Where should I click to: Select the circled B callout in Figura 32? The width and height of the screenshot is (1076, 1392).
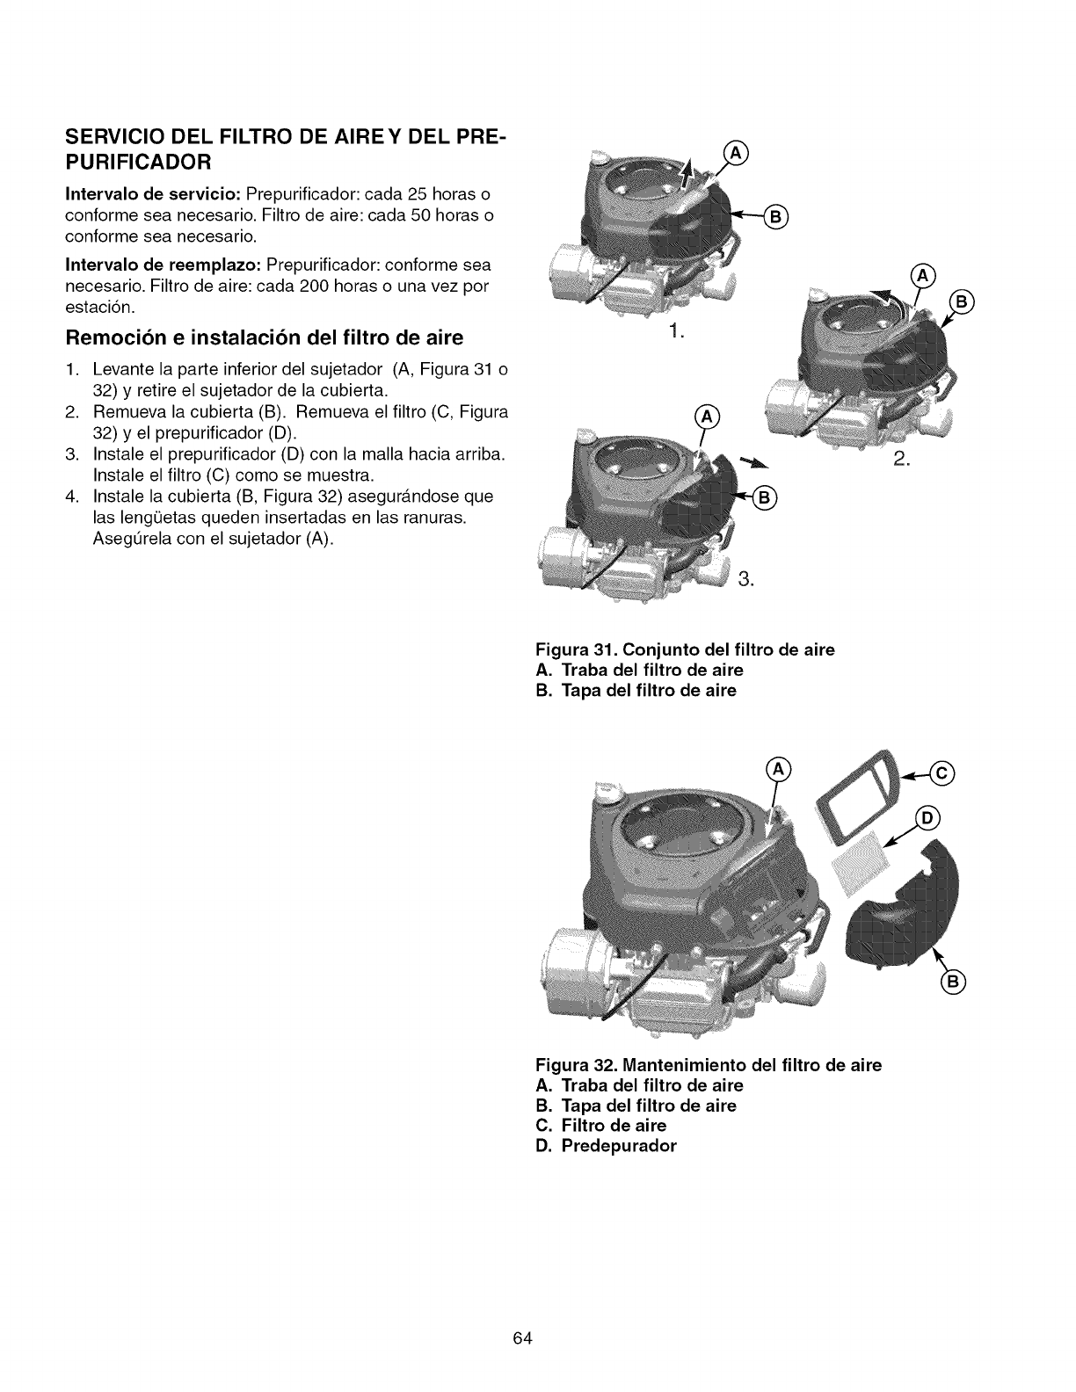[x=953, y=982]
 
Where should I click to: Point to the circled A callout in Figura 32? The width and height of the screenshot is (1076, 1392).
[x=780, y=771]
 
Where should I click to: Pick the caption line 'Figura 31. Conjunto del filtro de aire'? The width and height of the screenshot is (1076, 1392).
[x=685, y=650]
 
